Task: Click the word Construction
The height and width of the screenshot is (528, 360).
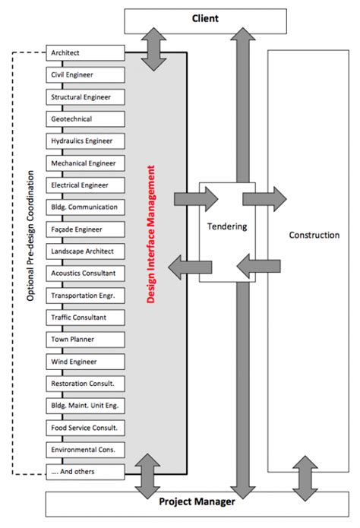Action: (x=314, y=235)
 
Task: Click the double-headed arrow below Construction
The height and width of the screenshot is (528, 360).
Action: (x=304, y=476)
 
